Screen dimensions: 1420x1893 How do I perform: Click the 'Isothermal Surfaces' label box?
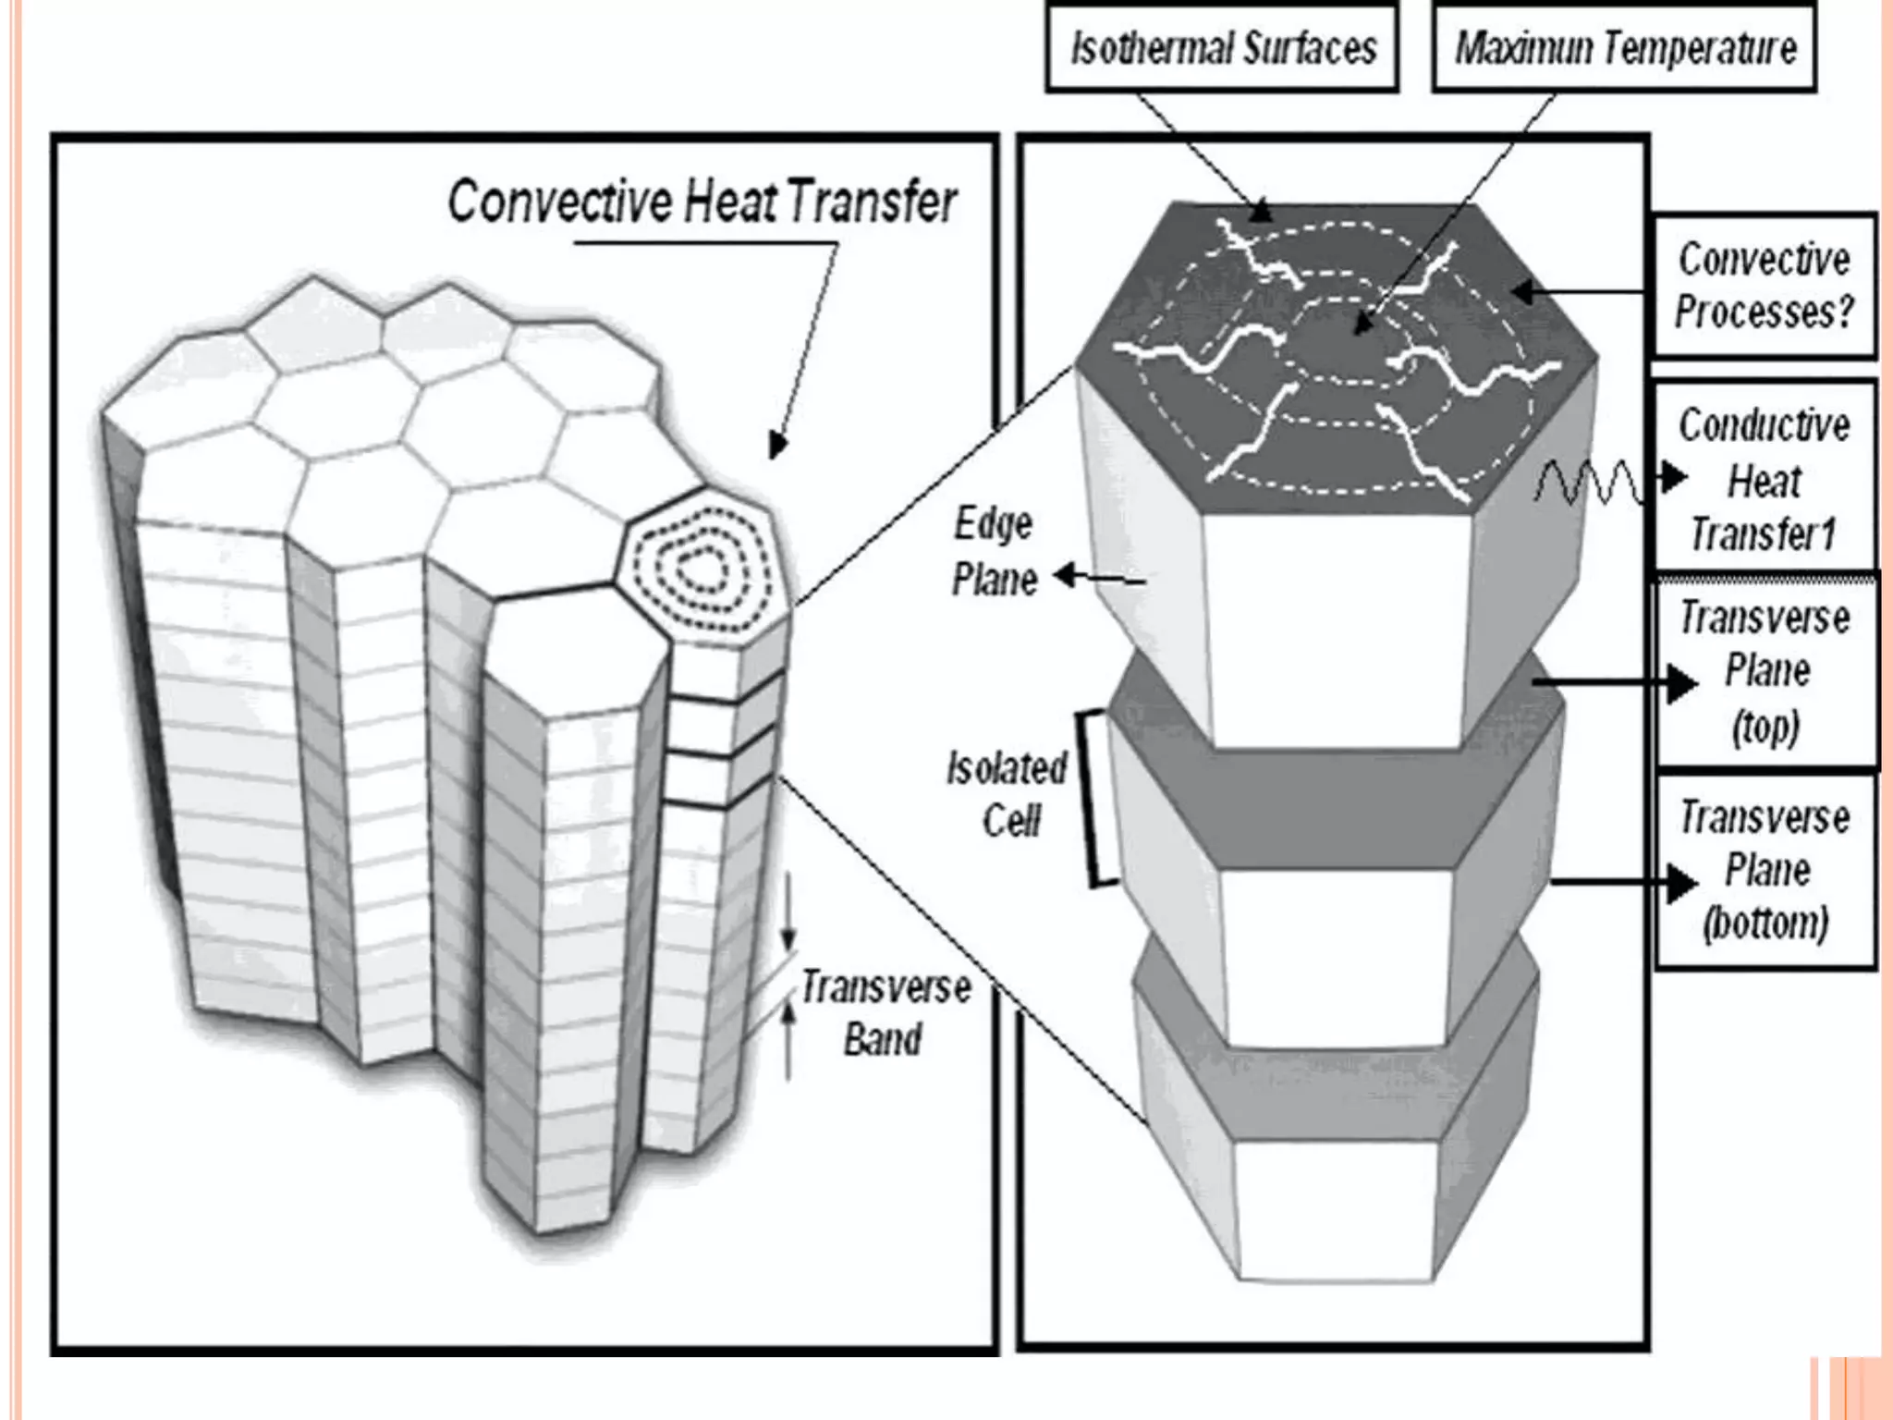(1222, 48)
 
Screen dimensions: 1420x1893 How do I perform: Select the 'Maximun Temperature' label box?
(1624, 48)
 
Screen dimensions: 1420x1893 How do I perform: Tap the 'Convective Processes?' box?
(1764, 286)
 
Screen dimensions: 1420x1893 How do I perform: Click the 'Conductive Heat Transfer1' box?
(1764, 479)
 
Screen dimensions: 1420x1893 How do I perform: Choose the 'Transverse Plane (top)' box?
(1765, 671)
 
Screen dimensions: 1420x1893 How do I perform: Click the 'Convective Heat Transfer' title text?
(702, 202)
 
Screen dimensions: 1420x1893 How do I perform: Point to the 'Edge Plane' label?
(995, 553)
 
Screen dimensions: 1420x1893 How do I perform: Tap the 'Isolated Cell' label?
(1007, 794)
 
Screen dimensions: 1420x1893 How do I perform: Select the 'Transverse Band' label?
(885, 1013)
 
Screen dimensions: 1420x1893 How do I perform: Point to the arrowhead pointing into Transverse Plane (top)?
(1682, 684)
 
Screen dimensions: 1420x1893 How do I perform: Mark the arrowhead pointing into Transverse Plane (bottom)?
(1682, 883)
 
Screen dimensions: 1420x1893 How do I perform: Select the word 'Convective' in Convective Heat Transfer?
(560, 202)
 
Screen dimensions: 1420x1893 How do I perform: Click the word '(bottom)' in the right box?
(1765, 924)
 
